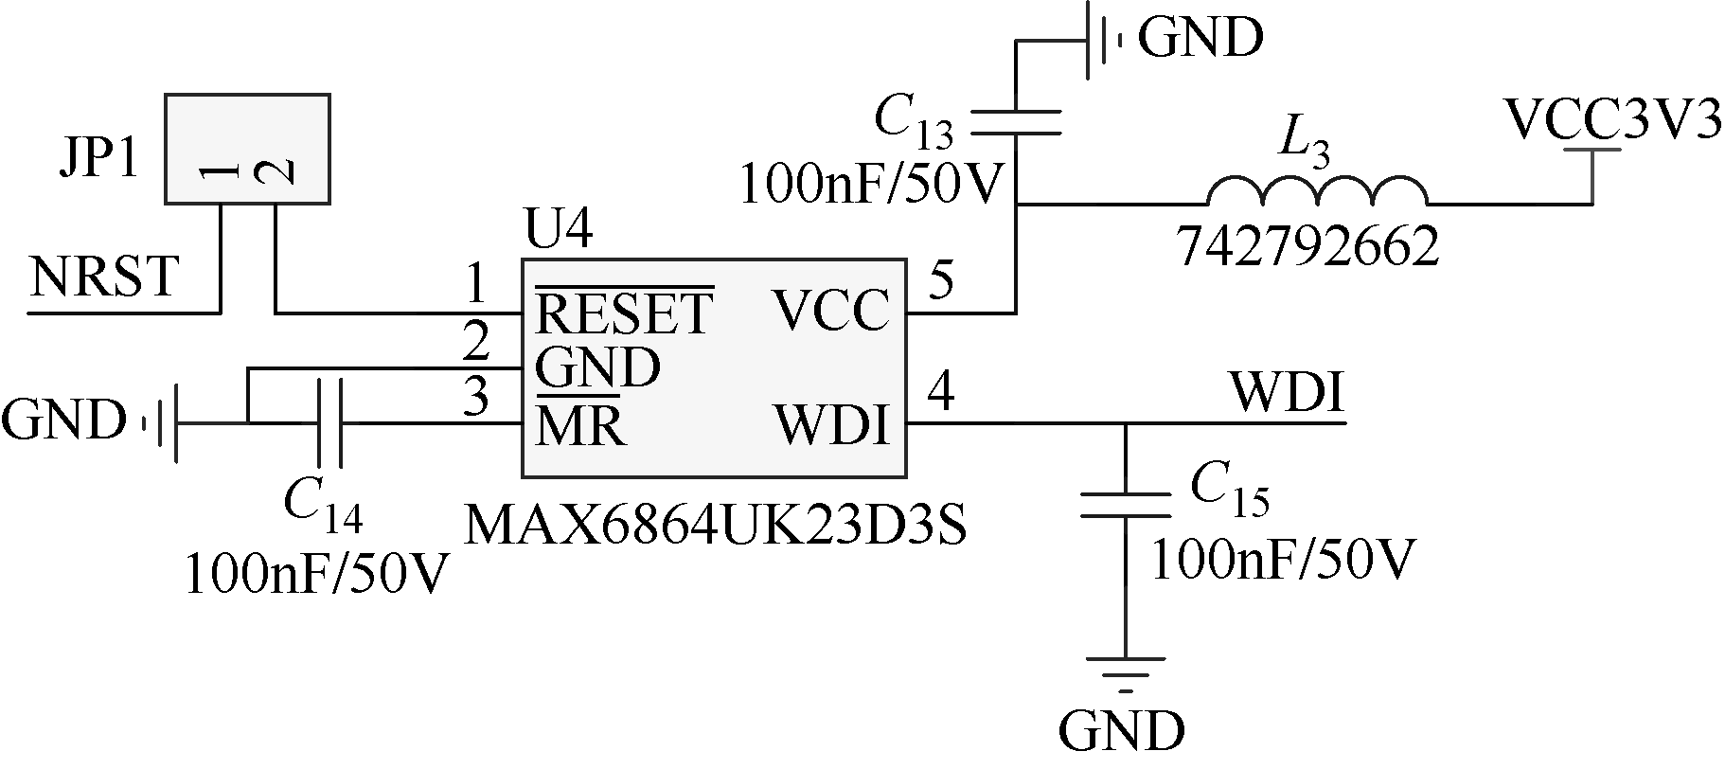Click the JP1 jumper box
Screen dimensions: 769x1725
tap(247, 149)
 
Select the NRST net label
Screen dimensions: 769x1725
tap(104, 277)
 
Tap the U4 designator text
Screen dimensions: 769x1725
tap(558, 231)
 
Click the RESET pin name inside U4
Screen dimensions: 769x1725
tap(623, 313)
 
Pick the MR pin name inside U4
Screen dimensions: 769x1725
tap(580, 425)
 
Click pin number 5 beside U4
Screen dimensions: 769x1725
tap(941, 279)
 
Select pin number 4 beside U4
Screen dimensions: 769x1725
tap(941, 389)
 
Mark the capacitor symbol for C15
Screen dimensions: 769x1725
tap(1125, 505)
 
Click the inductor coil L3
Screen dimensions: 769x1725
tap(1316, 192)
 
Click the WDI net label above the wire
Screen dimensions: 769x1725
tap(1287, 393)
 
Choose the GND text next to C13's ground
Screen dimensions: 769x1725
tap(1200, 38)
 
